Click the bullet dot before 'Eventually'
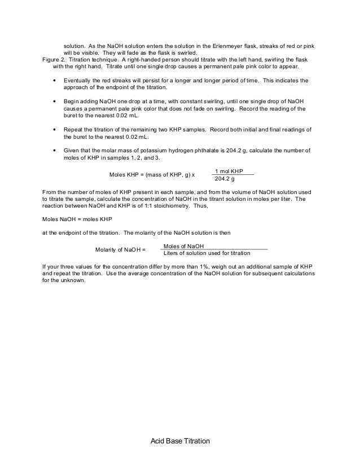54,81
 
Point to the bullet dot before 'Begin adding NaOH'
54,102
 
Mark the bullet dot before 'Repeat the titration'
54,130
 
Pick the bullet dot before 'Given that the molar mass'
54,151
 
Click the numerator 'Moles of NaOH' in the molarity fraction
183,246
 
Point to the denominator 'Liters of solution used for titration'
206,253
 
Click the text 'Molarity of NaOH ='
120,249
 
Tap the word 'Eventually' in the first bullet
80,81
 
